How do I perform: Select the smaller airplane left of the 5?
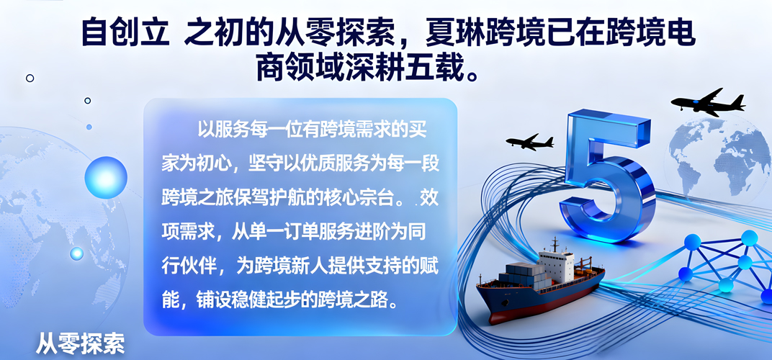click(529, 142)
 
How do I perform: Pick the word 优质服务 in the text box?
click(324, 163)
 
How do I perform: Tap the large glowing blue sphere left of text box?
click(106, 176)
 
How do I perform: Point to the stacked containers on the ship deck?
click(523, 272)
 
